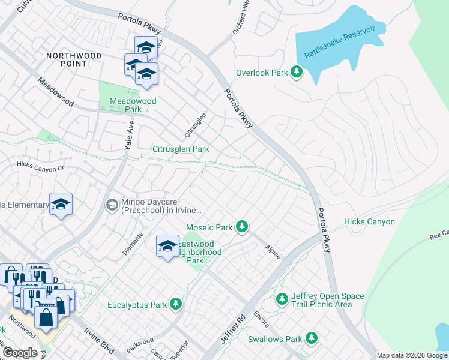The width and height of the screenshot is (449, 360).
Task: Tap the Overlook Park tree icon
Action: (x=296, y=72)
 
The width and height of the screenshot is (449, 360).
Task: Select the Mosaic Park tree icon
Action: (x=241, y=227)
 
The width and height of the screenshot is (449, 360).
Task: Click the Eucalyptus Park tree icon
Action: (x=176, y=304)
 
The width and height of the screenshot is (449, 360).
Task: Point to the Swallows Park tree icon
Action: (x=311, y=338)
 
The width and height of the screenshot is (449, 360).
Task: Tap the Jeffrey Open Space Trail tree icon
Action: (x=282, y=298)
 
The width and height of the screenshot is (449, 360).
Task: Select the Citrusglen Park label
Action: (x=180, y=149)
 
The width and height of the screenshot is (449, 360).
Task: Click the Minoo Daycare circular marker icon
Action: (x=112, y=205)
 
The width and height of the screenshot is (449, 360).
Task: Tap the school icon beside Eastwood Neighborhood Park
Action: (x=168, y=246)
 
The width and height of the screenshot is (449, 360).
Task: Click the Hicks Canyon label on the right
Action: (x=369, y=222)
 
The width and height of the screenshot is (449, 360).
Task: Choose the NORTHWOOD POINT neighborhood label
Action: (x=74, y=60)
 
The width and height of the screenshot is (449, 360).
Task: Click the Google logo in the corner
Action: (x=20, y=353)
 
